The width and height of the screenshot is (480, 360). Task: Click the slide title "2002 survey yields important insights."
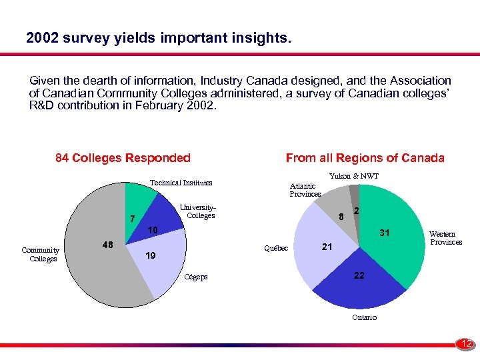(159, 39)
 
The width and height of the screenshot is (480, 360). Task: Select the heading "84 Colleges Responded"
(123, 158)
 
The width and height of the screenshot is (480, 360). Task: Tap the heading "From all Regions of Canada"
(365, 158)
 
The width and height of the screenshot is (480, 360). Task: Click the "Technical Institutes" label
(181, 183)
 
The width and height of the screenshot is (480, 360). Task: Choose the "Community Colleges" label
(41, 254)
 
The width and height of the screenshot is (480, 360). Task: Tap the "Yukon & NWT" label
(354, 176)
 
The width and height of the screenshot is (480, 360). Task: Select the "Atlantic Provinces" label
(305, 190)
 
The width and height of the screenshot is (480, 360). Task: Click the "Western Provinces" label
(445, 238)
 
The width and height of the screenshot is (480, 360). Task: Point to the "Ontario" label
(364, 317)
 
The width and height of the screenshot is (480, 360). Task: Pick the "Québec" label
(276, 248)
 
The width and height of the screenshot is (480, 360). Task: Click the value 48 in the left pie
(107, 245)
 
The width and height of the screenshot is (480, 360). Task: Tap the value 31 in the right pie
(385, 233)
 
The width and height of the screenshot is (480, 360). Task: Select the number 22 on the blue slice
(359, 275)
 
